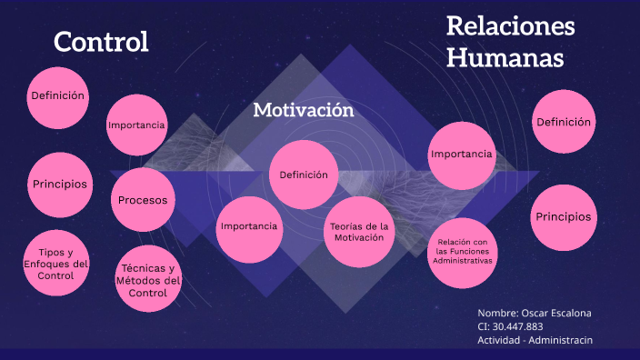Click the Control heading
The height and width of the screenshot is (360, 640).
101,42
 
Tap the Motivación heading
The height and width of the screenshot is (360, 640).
303,110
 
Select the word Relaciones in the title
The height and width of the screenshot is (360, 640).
510,25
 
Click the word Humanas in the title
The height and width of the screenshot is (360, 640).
505,58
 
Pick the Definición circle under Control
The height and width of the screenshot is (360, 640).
57,95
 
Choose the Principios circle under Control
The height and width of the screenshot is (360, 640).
60,185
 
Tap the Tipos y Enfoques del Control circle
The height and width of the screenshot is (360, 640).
56,264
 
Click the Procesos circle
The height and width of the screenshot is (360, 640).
142,200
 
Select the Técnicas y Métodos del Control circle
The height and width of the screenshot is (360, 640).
147,280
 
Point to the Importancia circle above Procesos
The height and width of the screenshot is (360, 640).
136,125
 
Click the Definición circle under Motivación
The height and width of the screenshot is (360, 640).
304,175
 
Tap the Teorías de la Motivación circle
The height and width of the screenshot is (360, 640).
359,231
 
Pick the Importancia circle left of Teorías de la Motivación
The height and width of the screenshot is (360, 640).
248,226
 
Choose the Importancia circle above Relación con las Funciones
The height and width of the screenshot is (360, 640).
462,155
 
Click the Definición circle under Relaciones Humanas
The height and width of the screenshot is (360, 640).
564,122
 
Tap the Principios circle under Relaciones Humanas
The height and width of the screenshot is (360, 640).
563,217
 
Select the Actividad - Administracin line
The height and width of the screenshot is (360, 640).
535,340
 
